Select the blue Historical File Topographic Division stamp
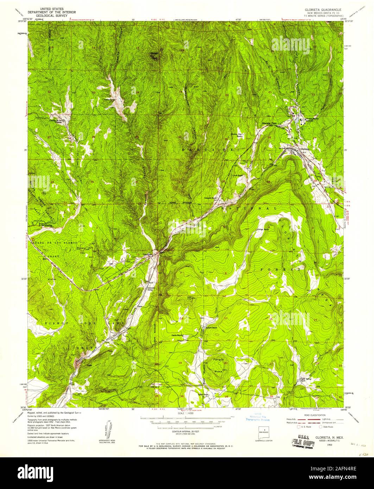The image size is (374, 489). click(x=257, y=417)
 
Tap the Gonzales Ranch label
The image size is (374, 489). click(x=211, y=198)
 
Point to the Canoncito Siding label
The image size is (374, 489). click(x=151, y=287)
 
